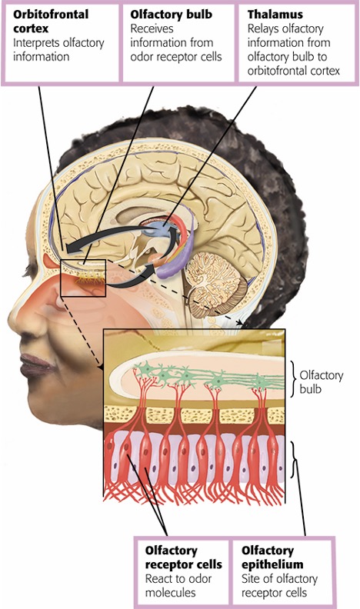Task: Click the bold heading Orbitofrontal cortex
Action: coord(51,22)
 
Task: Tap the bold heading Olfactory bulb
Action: coord(172,15)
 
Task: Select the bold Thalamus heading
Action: coord(275,15)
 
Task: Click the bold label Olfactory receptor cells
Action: coord(183,557)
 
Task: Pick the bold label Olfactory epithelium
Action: coord(272,557)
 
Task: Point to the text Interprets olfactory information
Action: coord(58,50)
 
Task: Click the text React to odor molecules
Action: coord(178,586)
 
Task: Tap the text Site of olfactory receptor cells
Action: coord(279,586)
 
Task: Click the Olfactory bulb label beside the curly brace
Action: coord(322,382)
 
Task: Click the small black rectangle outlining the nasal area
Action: coord(61,278)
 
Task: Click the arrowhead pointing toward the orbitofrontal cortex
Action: coord(71,248)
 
